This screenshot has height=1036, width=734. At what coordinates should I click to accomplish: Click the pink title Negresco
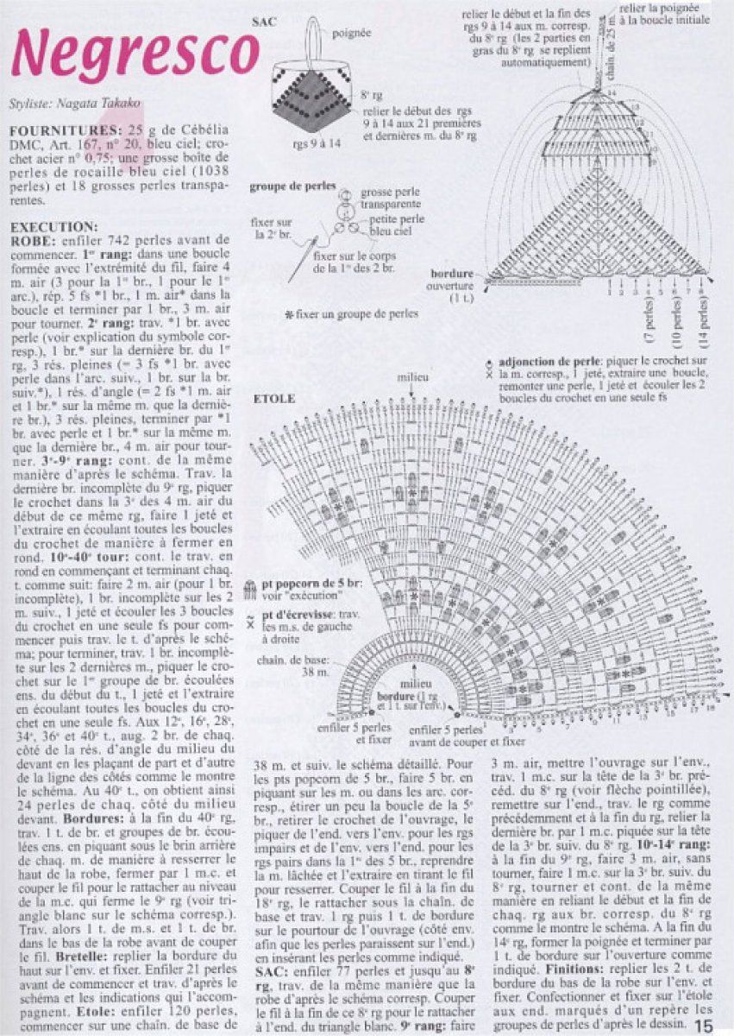click(x=135, y=53)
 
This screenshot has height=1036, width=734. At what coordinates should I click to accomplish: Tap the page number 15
click(x=703, y=1025)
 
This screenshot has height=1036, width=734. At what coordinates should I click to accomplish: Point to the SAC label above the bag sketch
click(x=265, y=22)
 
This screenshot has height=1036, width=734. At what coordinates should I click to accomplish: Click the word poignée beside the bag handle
click(x=351, y=33)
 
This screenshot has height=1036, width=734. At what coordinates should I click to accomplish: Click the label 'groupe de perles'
click(x=287, y=186)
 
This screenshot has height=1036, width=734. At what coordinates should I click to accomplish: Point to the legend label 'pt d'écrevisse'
click(x=308, y=614)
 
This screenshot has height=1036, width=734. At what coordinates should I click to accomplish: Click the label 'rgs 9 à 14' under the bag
click(x=317, y=143)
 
